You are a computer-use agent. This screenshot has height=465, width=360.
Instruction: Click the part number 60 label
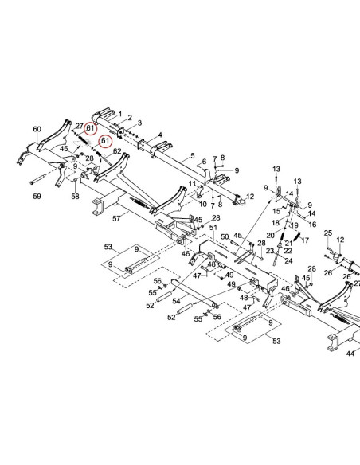point(37,129)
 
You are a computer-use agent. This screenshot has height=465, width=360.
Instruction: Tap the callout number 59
point(37,196)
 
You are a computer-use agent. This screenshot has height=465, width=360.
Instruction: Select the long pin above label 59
point(38,179)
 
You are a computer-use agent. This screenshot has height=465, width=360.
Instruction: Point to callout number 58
point(76,196)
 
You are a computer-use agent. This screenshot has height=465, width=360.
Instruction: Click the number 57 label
point(116,218)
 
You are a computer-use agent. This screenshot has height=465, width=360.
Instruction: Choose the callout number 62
point(117,151)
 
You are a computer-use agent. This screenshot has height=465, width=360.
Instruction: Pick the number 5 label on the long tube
point(193,155)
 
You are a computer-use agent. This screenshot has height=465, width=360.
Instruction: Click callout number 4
point(160,135)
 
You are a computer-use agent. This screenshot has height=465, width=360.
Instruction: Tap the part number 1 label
point(120,114)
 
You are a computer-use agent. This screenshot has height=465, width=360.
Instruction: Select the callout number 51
point(213,228)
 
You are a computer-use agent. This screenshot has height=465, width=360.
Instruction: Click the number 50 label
point(225,237)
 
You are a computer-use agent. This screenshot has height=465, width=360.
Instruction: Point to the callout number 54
point(176,301)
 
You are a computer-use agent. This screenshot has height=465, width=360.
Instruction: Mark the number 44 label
point(350,354)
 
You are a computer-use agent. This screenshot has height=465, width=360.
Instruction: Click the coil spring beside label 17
point(297,236)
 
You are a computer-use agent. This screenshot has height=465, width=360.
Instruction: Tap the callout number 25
point(328,232)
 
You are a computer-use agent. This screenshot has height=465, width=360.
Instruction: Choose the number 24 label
point(288,260)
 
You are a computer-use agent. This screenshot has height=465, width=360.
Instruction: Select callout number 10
point(203,204)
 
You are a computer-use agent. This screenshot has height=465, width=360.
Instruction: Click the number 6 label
point(204,162)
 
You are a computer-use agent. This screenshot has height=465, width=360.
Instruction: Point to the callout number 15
point(276,211)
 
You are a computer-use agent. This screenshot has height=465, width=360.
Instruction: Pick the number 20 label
point(271,236)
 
